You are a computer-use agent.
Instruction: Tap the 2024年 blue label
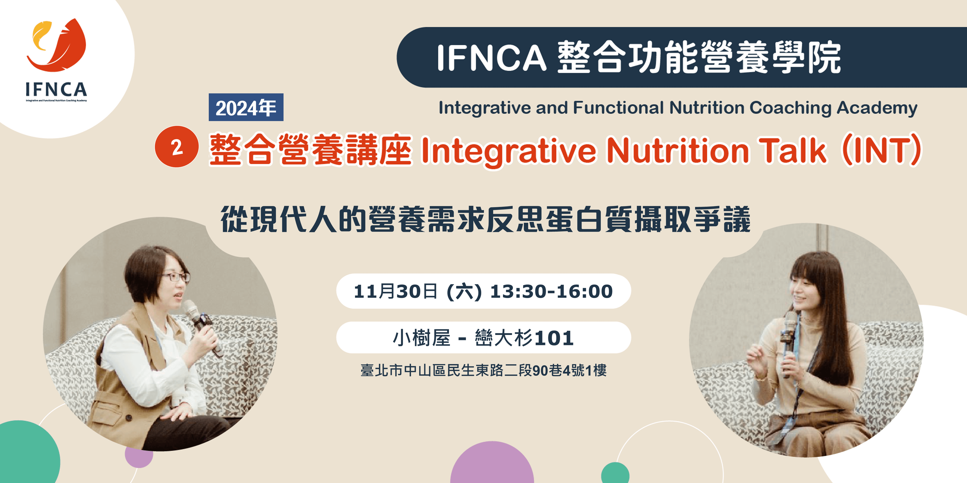(246, 107)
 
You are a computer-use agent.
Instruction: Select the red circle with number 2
(177, 147)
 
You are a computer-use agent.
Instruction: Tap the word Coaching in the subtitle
(790, 108)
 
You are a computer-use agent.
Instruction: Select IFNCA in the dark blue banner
(492, 57)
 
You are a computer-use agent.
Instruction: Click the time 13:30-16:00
(551, 291)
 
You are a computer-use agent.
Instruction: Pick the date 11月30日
(396, 291)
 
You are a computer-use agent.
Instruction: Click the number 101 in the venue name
(554, 338)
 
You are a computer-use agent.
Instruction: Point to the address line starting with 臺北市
(483, 370)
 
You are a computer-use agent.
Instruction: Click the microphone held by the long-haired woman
(788, 343)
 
